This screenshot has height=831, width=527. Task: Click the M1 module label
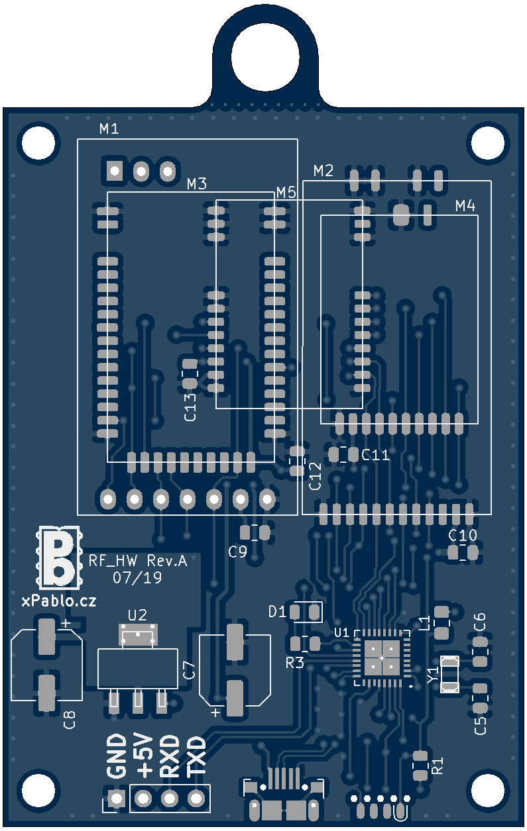click(x=109, y=129)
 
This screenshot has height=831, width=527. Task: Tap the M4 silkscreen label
click(x=465, y=207)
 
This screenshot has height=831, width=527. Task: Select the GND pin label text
click(x=117, y=756)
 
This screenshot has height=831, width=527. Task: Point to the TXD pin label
click(x=196, y=756)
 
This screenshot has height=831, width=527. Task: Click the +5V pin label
click(x=143, y=756)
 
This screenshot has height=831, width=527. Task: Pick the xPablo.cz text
click(x=59, y=601)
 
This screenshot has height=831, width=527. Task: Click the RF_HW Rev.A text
click(x=138, y=562)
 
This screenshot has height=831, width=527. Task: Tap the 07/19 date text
click(x=138, y=578)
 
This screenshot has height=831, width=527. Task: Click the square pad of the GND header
click(x=117, y=799)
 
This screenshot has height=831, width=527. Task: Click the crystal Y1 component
click(x=450, y=673)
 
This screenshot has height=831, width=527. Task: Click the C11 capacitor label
click(x=376, y=455)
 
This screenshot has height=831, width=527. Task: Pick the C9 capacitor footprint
click(x=255, y=532)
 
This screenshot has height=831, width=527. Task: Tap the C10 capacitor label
click(x=463, y=535)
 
